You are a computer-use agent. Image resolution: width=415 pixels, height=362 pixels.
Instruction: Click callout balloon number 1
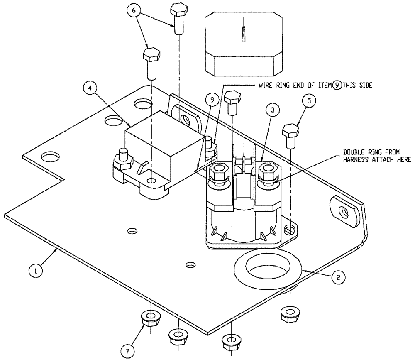[x=36, y=270]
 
